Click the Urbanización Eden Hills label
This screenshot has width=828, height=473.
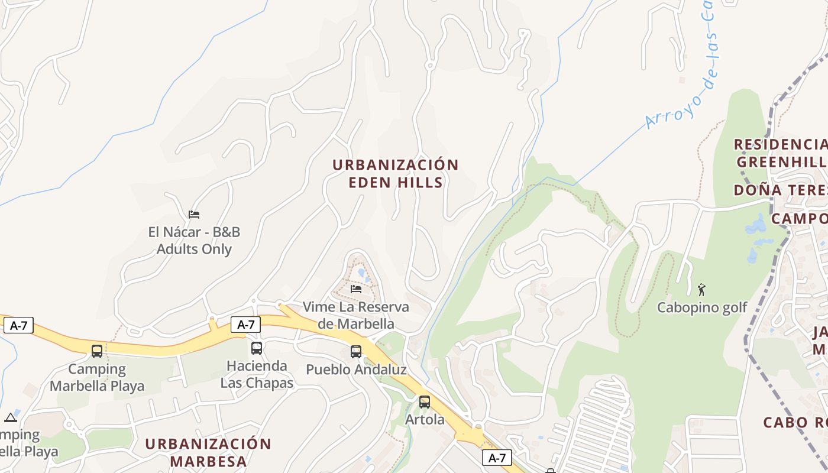tap(395, 173)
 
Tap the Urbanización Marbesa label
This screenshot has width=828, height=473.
tap(208, 452)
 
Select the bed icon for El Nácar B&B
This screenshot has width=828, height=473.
tap(194, 214)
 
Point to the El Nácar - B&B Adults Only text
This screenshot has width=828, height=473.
tap(194, 241)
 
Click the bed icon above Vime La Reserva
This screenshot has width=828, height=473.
tap(356, 289)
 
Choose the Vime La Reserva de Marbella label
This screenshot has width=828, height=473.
tap(355, 315)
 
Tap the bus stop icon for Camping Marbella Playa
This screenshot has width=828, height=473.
tap(97, 351)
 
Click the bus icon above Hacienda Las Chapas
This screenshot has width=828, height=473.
tap(256, 348)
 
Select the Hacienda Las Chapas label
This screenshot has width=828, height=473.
tap(257, 374)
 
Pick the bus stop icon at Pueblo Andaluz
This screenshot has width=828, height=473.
tap(356, 351)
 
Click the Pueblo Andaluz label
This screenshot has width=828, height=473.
tap(356, 370)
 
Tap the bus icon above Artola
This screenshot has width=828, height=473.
tap(425, 402)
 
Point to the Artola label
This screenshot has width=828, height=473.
tap(425, 420)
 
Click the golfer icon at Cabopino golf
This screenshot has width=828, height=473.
tap(702, 290)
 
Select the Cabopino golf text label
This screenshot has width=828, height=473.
tap(702, 307)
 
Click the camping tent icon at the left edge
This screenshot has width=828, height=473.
tap(11, 417)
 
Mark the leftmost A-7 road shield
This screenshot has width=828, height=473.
tap(18, 325)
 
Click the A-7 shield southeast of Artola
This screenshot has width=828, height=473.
tap(497, 458)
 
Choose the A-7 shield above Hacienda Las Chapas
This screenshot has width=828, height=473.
tap(245, 324)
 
